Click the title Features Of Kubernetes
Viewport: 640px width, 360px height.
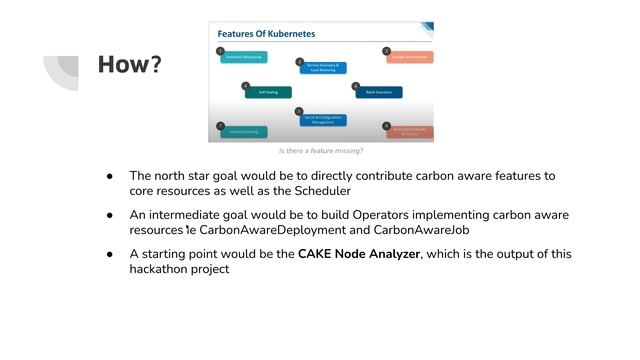267,33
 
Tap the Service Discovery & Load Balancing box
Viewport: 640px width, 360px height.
324,68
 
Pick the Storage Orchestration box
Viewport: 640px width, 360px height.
410,57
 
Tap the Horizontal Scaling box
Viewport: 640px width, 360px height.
244,131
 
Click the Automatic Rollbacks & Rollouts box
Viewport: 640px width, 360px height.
410,131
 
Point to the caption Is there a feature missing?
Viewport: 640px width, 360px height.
320,151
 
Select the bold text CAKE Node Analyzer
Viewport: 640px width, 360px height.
359,254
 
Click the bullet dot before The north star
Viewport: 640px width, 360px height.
111,176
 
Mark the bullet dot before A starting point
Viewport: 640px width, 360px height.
111,254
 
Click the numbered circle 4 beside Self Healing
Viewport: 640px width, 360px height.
246,85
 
